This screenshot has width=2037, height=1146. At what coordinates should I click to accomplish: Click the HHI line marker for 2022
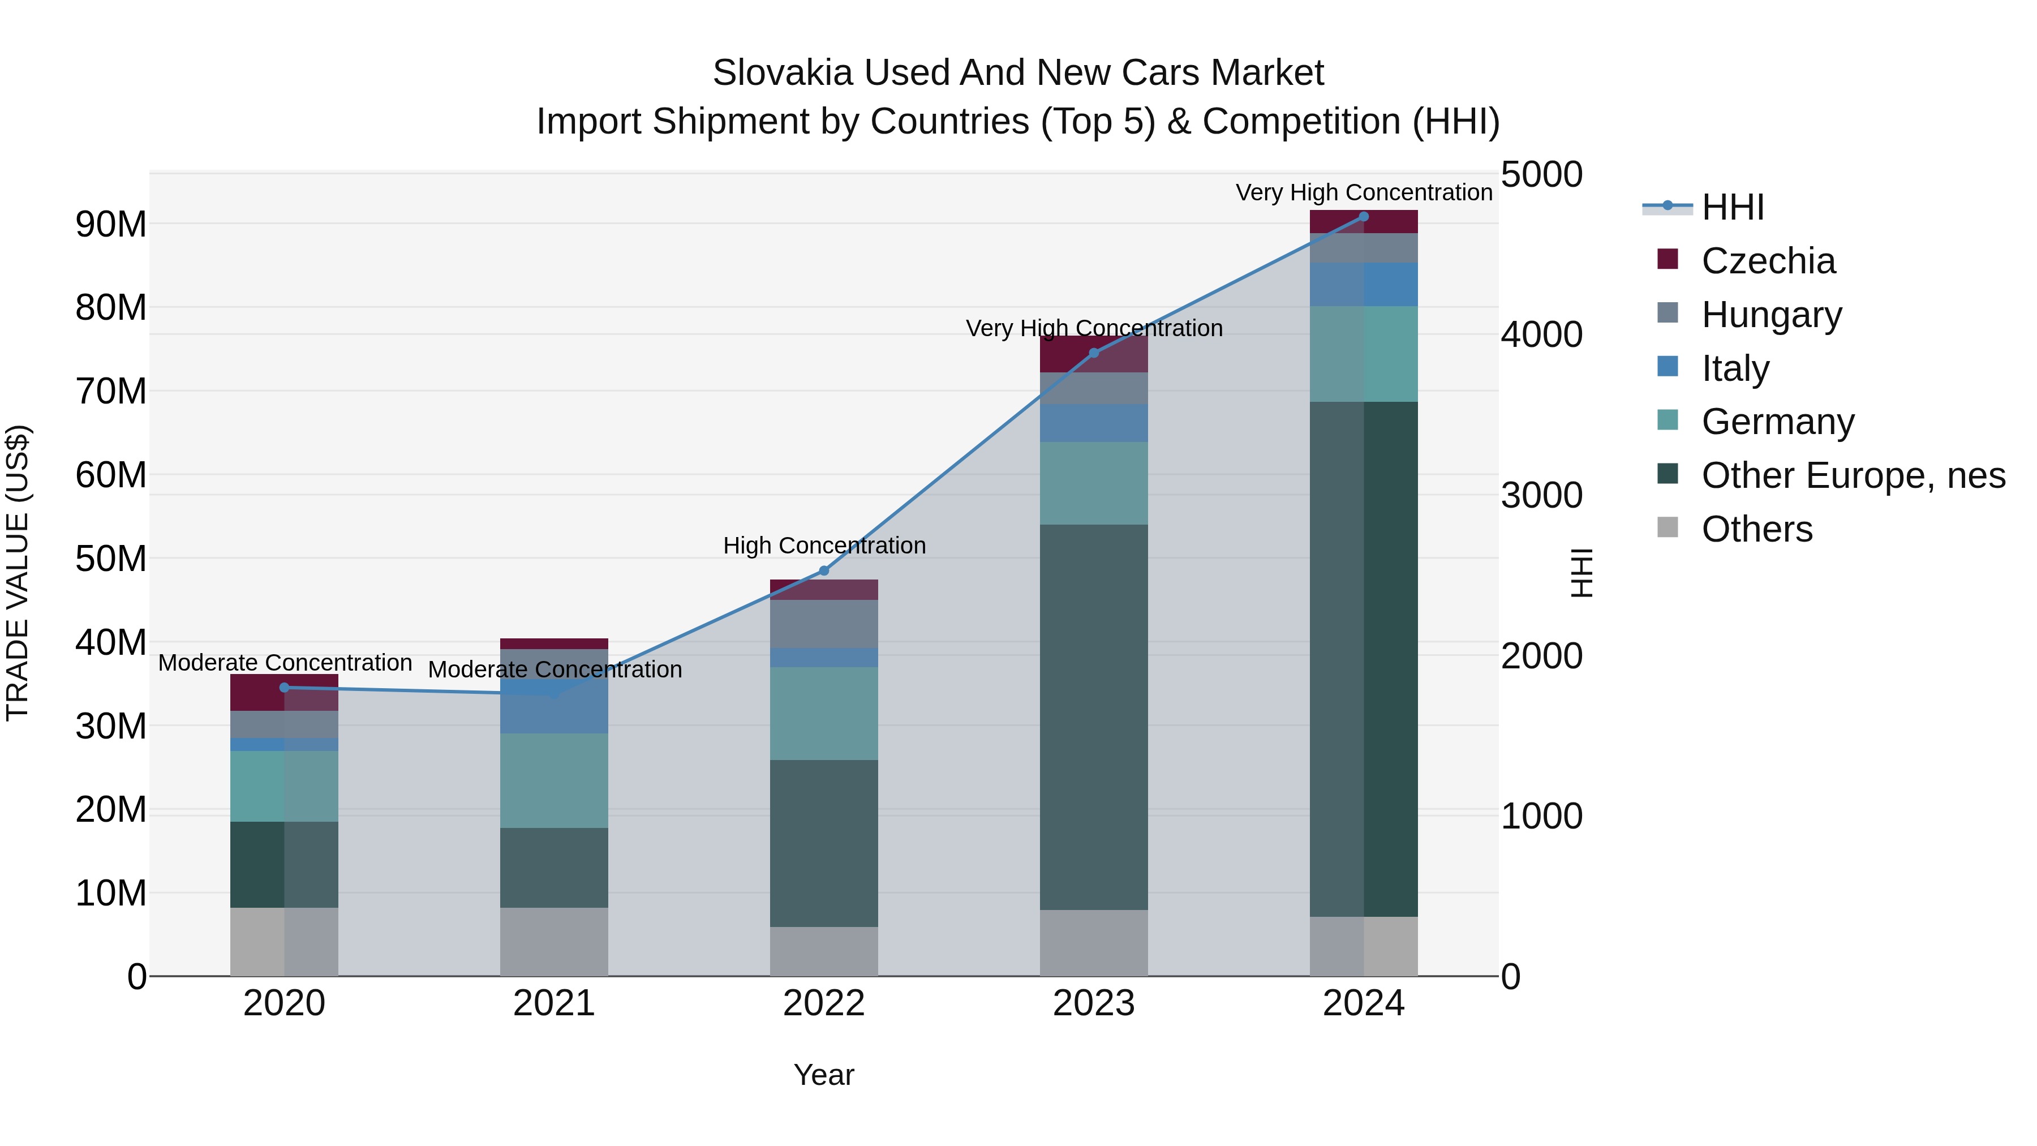tap(823, 570)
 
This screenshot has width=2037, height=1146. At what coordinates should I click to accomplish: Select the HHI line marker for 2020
tap(285, 687)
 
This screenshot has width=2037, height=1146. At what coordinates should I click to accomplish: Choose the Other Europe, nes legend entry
tap(1853, 475)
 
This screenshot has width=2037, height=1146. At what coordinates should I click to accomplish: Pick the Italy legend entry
tap(1735, 368)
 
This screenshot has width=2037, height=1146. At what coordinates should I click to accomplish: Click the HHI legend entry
tap(1732, 207)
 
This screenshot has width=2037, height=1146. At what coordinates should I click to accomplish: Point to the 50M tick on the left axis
tap(111, 559)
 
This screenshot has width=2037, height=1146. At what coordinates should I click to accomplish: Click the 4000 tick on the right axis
tap(1541, 334)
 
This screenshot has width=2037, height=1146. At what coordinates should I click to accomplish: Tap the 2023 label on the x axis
tap(1094, 1003)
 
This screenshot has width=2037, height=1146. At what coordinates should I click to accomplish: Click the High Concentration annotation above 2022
tap(824, 546)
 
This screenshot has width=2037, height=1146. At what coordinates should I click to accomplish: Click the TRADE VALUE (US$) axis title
tap(18, 573)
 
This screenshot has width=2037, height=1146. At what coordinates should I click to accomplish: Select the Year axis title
tap(823, 1075)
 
